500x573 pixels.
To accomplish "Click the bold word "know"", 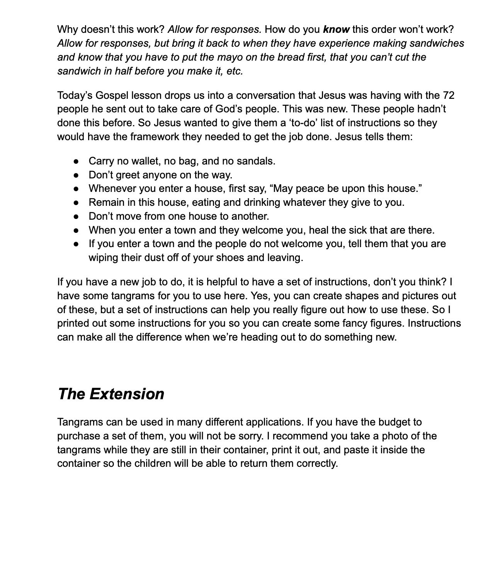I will tap(336, 29).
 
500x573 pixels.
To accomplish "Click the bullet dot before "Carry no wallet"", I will tap(77, 161).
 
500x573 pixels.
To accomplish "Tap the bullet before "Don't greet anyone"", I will tap(77, 175).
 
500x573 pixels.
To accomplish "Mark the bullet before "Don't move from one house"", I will tap(77, 217).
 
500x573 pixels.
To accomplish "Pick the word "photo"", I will tap(395, 436).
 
